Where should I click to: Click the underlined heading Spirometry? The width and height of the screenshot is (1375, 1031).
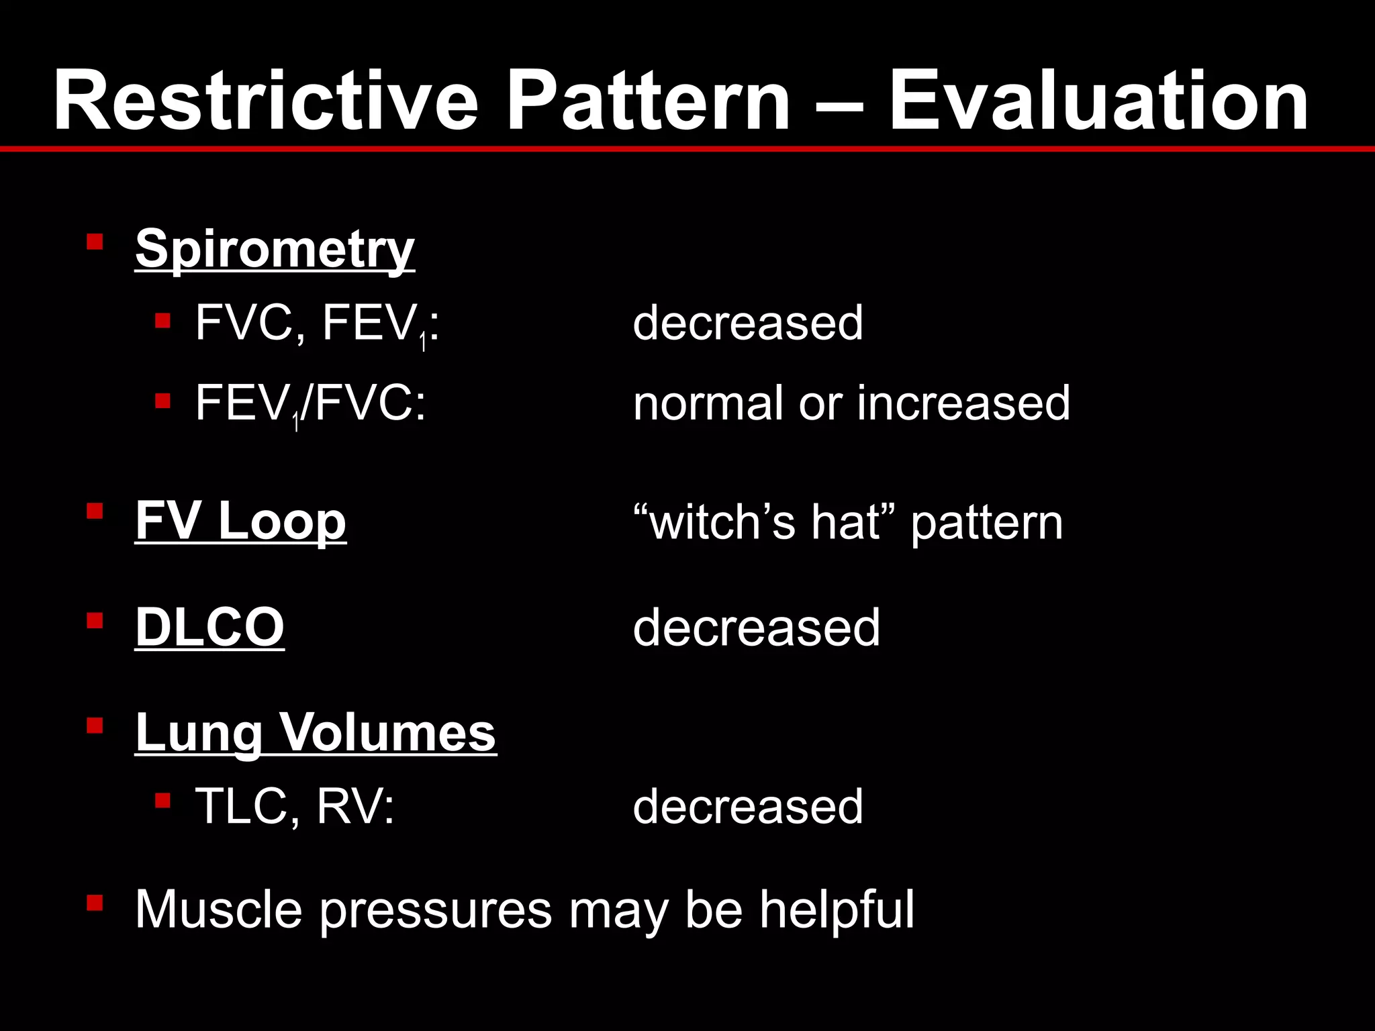point(275,250)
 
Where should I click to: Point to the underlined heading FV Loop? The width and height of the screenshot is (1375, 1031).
point(240,521)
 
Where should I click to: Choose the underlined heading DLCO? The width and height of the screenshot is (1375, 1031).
point(209,627)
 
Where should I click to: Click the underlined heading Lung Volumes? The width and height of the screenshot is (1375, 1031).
point(316,732)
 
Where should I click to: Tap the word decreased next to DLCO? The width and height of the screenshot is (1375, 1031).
point(756,627)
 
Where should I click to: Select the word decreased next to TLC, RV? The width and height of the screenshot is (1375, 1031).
point(748,806)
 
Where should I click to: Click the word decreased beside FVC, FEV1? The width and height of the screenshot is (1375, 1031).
point(748,323)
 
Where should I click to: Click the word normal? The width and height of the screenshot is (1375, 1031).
point(709,403)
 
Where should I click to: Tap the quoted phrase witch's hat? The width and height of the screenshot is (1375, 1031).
point(765,522)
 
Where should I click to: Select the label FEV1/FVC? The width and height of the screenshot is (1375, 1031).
point(310,404)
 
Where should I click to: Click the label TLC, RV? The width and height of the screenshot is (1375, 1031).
point(295,806)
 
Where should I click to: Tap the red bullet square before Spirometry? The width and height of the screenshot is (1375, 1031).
point(95,241)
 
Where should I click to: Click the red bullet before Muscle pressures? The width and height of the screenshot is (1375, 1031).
point(95,903)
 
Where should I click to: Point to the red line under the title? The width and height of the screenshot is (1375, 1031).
point(687,148)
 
